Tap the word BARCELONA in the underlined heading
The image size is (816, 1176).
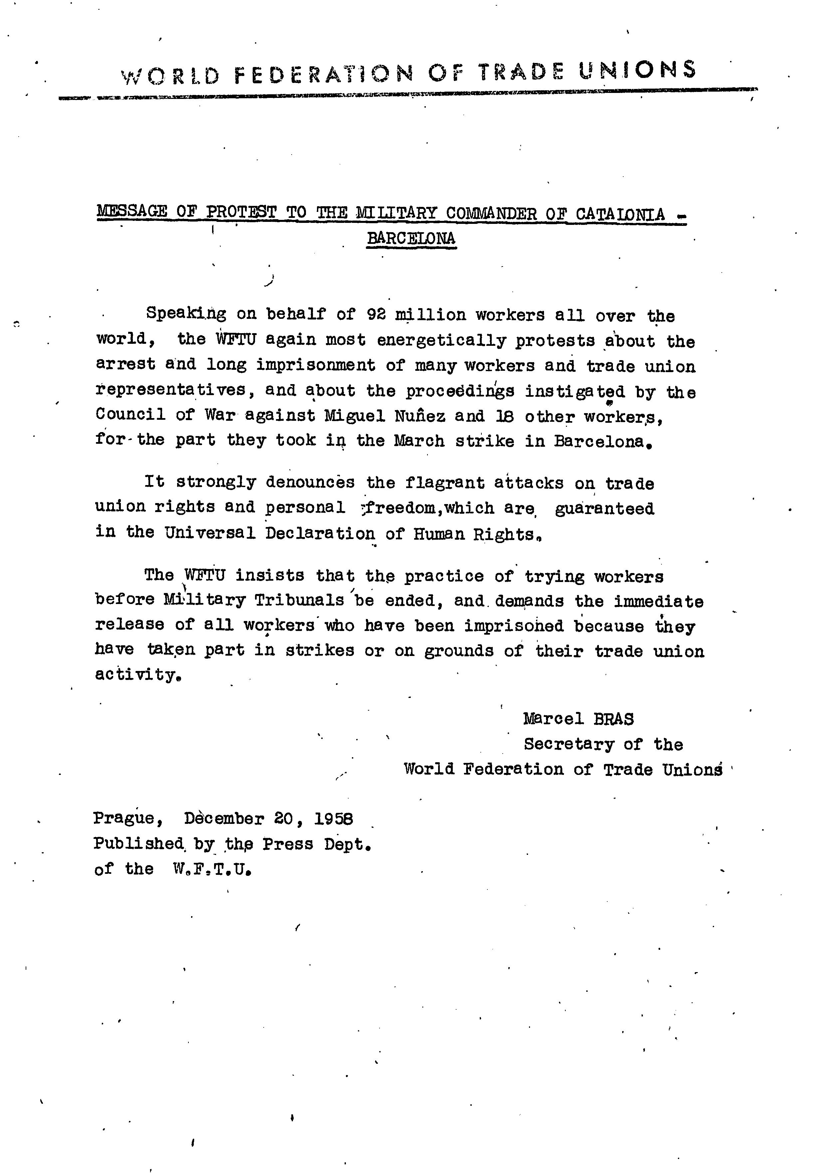tap(411, 239)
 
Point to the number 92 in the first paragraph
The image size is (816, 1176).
tap(376, 314)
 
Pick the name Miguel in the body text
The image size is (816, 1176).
tap(355, 415)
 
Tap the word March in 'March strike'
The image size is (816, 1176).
tap(419, 441)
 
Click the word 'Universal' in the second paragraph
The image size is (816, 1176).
tap(210, 533)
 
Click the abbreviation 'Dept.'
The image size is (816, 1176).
tap(347, 844)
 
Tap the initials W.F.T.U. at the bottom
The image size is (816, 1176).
tap(212, 870)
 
